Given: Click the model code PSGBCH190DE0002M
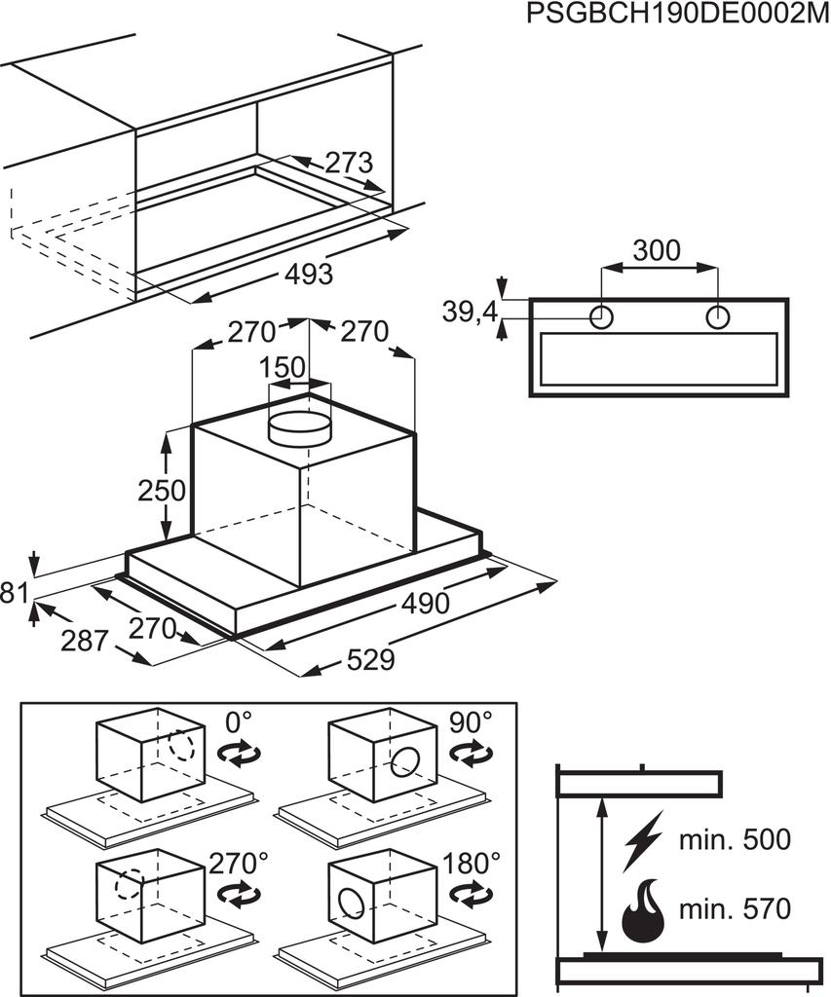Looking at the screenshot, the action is pos(678,14).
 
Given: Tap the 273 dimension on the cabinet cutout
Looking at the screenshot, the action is pos(348,163).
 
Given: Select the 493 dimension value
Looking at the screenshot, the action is pos(309,274).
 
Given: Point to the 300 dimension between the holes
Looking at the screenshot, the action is pos(657,250).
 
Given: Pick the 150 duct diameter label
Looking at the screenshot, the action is pos(283,367).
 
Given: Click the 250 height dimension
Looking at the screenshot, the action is pos(163,491).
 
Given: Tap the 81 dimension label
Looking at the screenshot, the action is pos(14,593).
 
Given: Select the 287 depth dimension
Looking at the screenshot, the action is pos(84,641).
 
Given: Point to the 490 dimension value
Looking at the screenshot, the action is pos(425,603).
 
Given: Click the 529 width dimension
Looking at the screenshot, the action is pos(370,659).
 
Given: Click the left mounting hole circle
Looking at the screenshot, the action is pos(601,316).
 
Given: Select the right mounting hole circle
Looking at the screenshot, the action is pos(718,316).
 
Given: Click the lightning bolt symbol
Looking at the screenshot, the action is pos(643,840).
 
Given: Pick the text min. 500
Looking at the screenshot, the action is pos(735,839).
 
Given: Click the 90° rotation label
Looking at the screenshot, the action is pos(471,722).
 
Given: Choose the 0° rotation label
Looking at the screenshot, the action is pos(239,722).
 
